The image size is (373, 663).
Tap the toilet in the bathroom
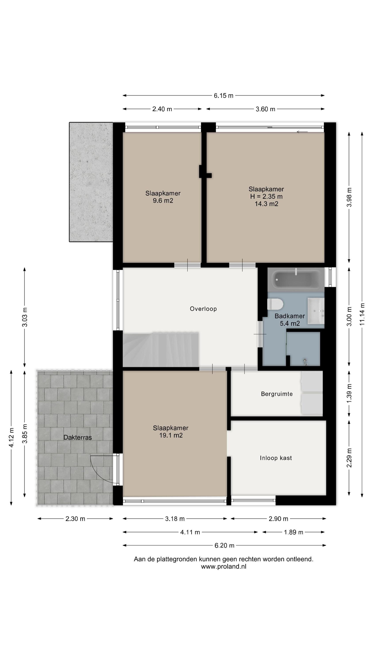[x=275, y=304]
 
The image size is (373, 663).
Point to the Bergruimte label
[x=277, y=394]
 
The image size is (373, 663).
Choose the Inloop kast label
[x=276, y=458]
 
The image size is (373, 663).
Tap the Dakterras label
[x=78, y=437]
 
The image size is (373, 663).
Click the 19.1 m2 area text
[x=171, y=435]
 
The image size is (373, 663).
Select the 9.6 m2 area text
[x=163, y=200]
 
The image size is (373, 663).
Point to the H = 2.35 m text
[x=266, y=196]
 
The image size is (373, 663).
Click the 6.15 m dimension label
[x=223, y=96]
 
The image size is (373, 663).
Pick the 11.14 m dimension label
[x=362, y=314]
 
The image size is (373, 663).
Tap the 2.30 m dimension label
[x=75, y=519]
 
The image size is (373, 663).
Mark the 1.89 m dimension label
[x=293, y=532]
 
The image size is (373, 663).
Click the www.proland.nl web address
[x=223, y=566]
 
